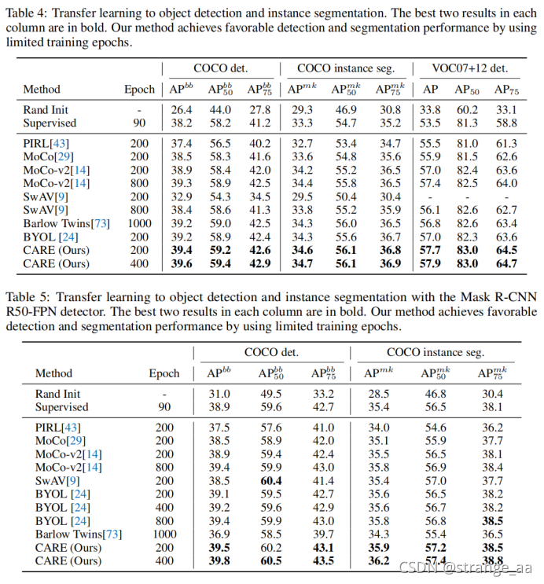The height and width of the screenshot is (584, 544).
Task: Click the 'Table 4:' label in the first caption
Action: click(x=26, y=10)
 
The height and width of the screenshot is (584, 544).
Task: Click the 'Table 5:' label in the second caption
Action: click(x=26, y=297)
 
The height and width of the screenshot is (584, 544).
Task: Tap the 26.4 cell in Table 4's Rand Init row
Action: click(x=181, y=110)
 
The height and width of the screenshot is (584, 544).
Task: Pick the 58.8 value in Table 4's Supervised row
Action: click(x=505, y=123)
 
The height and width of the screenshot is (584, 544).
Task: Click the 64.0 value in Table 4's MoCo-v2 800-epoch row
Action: click(x=505, y=182)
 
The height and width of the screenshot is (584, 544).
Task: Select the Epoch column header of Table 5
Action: click(x=164, y=373)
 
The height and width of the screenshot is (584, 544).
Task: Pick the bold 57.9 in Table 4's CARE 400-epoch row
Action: click(x=430, y=263)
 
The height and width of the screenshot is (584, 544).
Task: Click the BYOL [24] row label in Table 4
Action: click(x=50, y=237)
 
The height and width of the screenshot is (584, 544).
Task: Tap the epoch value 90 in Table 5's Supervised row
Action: click(x=164, y=407)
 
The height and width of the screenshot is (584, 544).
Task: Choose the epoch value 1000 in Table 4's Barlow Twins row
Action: click(x=139, y=223)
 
